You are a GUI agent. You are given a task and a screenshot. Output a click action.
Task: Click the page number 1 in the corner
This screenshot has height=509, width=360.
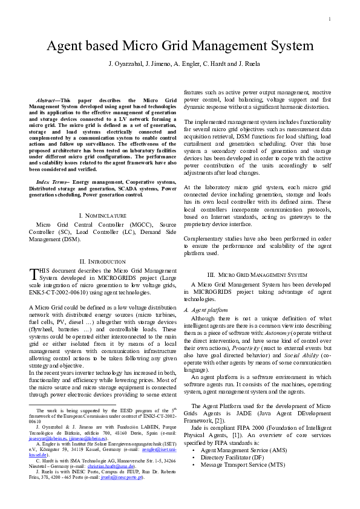click(330, 19)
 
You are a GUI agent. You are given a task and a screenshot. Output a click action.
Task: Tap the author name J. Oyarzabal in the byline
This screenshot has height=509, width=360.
click(125, 63)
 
